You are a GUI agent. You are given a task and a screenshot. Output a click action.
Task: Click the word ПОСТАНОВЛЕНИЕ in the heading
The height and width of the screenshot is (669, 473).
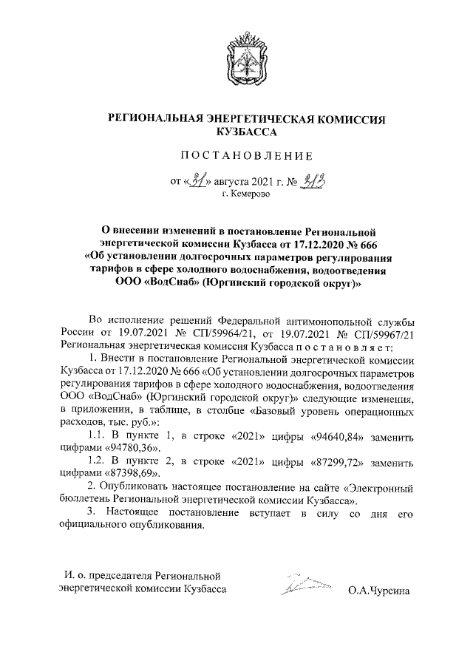tap(237, 156)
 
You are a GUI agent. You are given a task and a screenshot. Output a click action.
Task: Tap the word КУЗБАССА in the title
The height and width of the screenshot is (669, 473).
tap(237, 132)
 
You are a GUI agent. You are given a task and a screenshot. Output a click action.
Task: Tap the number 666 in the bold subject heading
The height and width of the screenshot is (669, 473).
tap(364, 245)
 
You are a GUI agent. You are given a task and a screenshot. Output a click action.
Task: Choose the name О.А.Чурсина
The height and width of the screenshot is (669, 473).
tap(381, 591)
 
